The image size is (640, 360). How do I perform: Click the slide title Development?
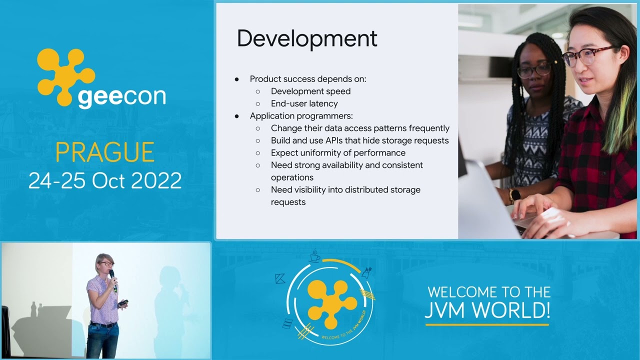(306, 39)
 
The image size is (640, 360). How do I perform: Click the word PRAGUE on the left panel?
(104, 152)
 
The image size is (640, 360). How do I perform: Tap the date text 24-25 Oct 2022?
(105, 180)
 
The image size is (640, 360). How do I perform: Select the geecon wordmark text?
(121, 96)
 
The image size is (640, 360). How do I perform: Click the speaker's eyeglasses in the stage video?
(105, 263)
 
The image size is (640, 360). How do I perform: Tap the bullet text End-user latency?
(304, 103)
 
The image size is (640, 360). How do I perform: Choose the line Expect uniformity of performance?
(338, 152)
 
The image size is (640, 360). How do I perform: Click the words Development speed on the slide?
(310, 91)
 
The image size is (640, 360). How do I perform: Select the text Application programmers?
(301, 116)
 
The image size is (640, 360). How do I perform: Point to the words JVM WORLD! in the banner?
(487, 310)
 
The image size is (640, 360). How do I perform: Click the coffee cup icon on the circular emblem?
(314, 256)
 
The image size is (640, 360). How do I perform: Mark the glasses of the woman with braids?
(533, 70)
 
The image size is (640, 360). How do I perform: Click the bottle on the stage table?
(33, 309)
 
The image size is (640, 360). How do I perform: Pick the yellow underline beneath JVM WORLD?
(487, 325)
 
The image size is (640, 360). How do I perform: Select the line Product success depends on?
(308, 79)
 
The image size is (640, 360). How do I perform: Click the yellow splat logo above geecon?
(64, 75)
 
